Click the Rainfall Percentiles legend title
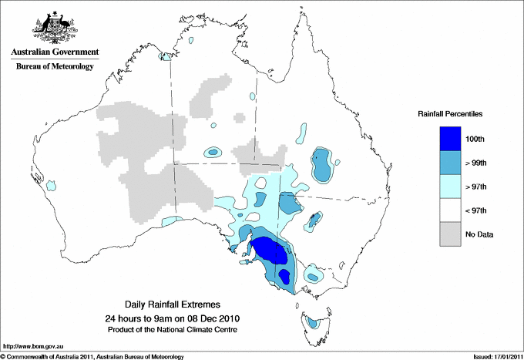[450, 114]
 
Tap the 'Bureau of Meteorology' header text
[55, 67]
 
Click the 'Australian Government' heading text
[55, 52]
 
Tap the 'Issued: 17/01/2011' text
[495, 356]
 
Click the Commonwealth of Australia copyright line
[92, 356]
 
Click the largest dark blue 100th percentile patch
[270, 251]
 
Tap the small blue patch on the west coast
[52, 186]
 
